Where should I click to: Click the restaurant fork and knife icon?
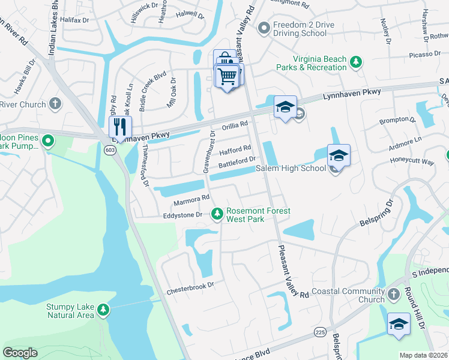pyautogui.click(x=119, y=127)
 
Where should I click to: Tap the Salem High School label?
pyautogui.click(x=291, y=169)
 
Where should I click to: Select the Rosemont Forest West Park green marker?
pyautogui.click(x=217, y=213)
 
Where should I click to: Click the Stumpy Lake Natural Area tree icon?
pyautogui.click(x=104, y=310)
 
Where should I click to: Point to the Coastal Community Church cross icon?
pyautogui.click(x=393, y=294)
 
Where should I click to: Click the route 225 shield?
pyautogui.click(x=318, y=331)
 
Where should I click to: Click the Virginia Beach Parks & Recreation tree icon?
pyautogui.click(x=356, y=61)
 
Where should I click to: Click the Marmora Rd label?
pyautogui.click(x=191, y=197)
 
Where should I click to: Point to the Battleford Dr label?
pyautogui.click(x=237, y=161)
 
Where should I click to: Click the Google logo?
pyautogui.click(x=20, y=353)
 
